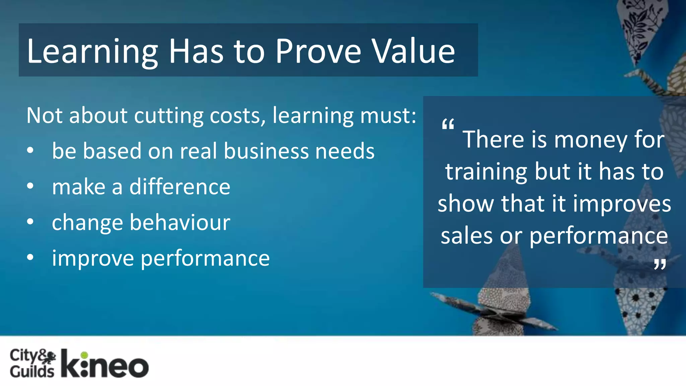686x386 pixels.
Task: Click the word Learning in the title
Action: point(92,51)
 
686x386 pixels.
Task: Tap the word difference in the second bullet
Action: point(180,187)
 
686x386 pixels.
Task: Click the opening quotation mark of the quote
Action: point(448,125)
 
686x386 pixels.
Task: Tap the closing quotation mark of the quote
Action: point(660,265)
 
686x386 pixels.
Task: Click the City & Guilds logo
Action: point(32,364)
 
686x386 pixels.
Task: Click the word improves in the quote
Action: point(622,204)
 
